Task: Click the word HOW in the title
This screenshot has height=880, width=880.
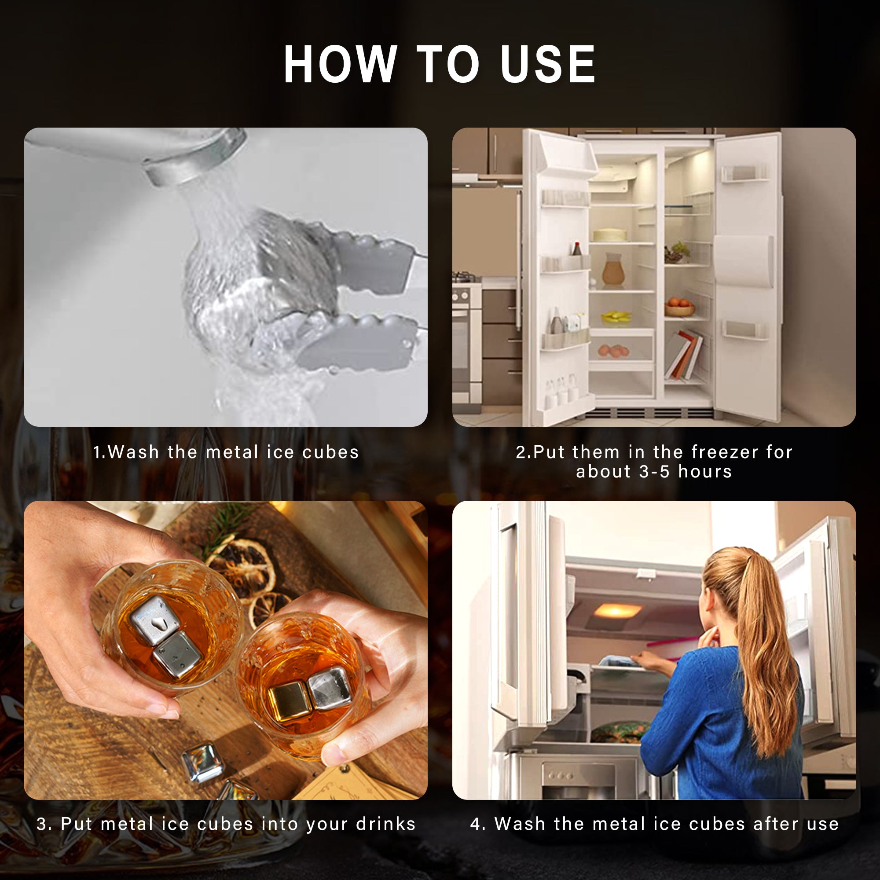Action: [x=340, y=64]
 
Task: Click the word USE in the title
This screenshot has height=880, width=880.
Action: [x=548, y=64]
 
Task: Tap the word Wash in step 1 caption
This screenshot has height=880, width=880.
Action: [x=134, y=452]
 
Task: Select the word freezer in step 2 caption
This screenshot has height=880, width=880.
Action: [x=725, y=452]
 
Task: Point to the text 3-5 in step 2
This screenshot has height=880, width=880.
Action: [x=655, y=471]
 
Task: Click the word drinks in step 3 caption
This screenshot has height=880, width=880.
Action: [x=386, y=824]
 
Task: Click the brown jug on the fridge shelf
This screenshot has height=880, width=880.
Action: [x=613, y=270]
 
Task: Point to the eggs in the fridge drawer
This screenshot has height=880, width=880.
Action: [x=613, y=351]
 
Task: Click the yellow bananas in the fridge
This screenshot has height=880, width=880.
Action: [x=616, y=316]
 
